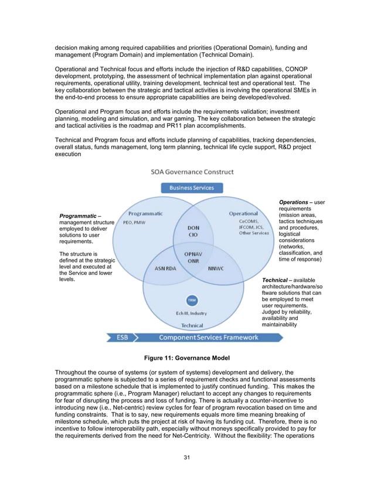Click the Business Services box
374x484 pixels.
[x=192, y=188]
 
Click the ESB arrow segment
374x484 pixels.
[x=121, y=337]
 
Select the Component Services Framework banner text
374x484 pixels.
[x=209, y=337]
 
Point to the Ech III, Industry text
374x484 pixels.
[x=191, y=313]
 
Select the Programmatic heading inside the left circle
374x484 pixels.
[x=145, y=214]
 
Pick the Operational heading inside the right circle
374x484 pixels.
[x=243, y=214]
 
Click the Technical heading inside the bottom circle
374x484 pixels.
[x=192, y=325]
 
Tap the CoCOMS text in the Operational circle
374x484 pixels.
[x=249, y=222]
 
